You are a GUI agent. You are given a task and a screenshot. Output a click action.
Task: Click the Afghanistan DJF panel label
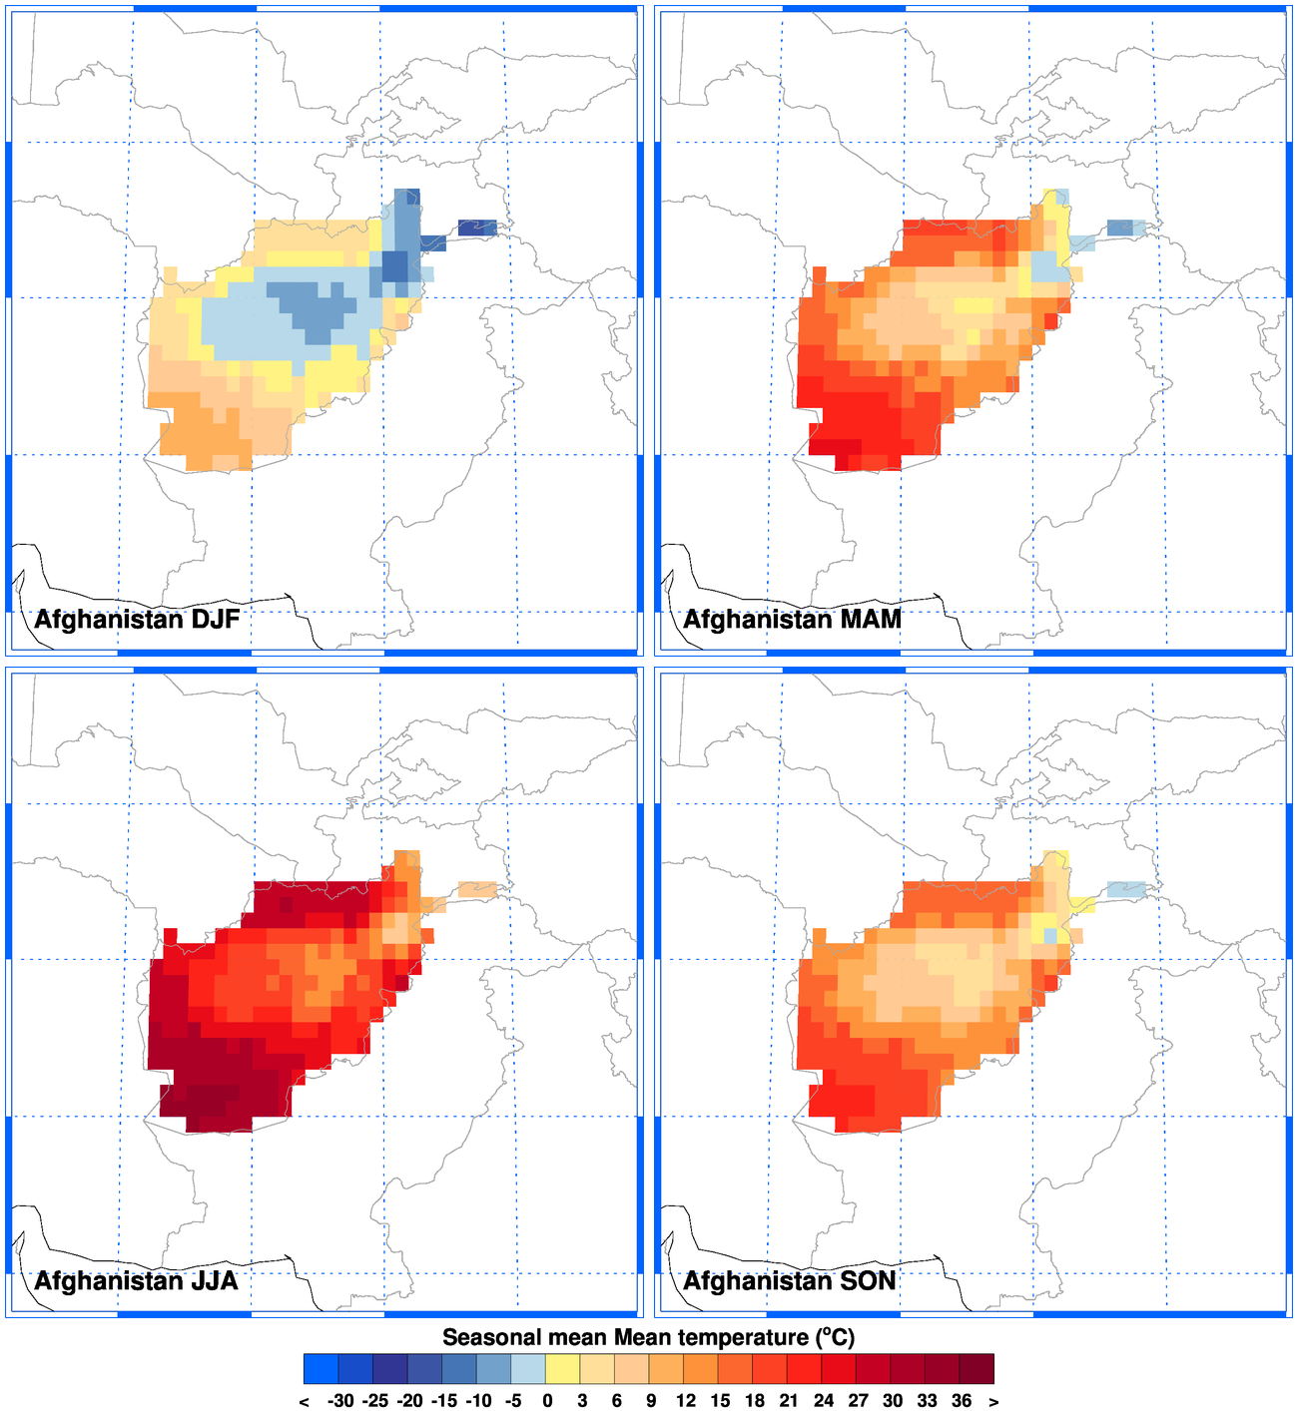pos(137,620)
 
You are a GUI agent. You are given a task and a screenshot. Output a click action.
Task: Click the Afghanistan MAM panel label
pos(792,620)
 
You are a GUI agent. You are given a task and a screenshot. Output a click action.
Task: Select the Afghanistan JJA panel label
pos(136,1281)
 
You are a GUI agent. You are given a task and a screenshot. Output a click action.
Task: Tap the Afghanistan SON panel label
pos(789,1281)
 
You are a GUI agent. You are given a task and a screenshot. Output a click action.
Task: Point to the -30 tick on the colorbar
pos(340,1401)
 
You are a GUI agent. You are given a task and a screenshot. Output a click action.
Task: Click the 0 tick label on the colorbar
pos(547,1401)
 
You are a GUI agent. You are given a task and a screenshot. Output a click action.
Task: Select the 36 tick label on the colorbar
pos(962,1401)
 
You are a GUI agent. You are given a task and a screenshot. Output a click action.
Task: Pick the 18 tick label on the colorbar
pos(754,1401)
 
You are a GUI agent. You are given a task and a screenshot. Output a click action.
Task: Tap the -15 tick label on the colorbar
pos(443,1401)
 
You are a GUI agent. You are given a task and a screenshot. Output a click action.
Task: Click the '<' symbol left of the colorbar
pos(304,1401)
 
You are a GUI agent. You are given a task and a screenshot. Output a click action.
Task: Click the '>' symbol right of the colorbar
pos(993,1401)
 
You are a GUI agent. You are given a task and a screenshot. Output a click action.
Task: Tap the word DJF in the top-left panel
pos(215,620)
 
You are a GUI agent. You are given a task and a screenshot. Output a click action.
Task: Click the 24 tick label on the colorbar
pos(823,1401)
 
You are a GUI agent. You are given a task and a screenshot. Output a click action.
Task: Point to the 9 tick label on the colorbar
pos(651,1401)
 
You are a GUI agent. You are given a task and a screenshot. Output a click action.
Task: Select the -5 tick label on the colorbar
pos(512,1401)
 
